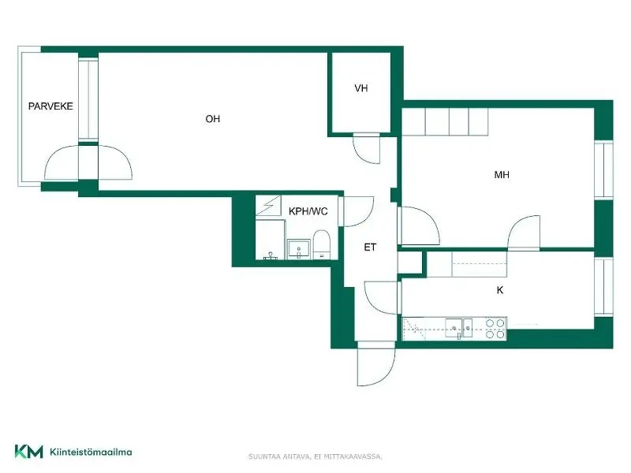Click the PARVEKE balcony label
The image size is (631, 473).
click(50, 106)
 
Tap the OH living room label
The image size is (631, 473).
click(212, 119)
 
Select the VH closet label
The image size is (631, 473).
click(361, 88)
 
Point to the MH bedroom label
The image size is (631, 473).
click(502, 174)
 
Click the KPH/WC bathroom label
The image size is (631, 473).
click(308, 211)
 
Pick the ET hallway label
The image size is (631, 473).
click(370, 248)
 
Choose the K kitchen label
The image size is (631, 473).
click(500, 290)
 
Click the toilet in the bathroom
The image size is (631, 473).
click(322, 245)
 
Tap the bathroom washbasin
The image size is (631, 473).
click(299, 249)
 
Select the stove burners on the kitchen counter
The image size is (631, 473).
click(495, 329)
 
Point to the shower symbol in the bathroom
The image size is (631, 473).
click(268, 206)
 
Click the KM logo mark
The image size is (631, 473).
click(28, 451)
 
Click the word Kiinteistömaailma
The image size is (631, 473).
click(91, 452)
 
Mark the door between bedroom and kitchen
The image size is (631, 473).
click(524, 233)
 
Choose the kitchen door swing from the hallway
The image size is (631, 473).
click(381, 298)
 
